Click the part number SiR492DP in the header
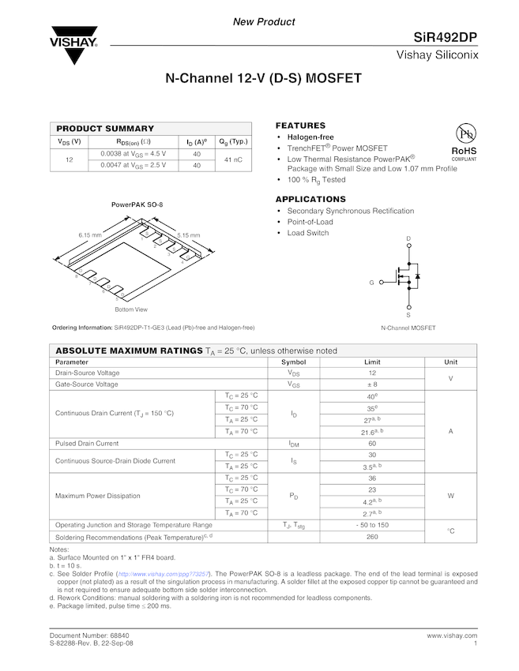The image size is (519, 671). pos(446,38)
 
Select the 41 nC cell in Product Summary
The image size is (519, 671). pos(233,159)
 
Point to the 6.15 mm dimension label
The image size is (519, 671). pos(90,235)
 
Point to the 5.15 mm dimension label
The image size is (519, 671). pos(188,235)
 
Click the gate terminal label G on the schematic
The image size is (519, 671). pos(371,282)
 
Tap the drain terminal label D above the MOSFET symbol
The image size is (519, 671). pos(408,238)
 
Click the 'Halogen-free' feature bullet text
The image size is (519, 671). pos(310,137)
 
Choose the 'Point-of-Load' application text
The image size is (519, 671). pos(310,222)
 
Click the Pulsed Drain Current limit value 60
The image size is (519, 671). pos(372,443)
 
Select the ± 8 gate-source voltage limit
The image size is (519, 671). pos(372,384)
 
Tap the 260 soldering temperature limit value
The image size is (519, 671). pos(372,537)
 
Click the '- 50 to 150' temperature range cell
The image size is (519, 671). pos(372,525)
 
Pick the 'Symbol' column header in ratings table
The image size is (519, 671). pos(293,362)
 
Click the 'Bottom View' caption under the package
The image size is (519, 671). pos(131,309)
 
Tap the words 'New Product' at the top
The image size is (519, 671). pos(264,22)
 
